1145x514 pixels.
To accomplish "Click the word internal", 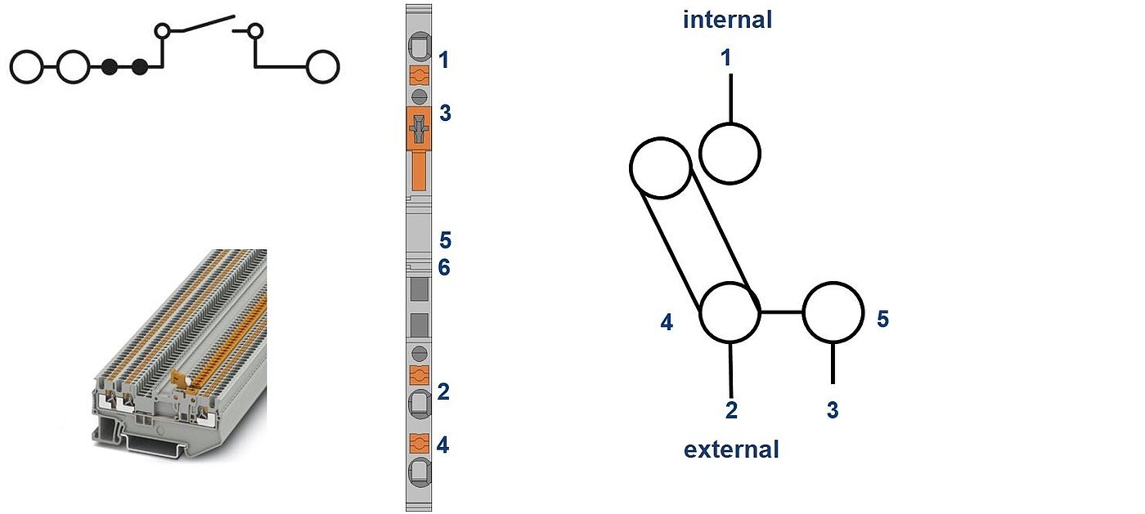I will pyautogui.click(x=727, y=20).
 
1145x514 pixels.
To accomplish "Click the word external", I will pyautogui.click(x=731, y=449).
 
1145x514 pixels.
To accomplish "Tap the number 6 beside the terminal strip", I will pyautogui.click(x=444, y=267).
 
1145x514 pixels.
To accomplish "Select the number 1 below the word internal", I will pyautogui.click(x=726, y=57).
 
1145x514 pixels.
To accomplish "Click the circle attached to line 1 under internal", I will pyautogui.click(x=730, y=154).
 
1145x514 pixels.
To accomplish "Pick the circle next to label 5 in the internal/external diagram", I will pyautogui.click(x=833, y=312).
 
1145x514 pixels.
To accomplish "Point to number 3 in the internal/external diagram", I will pyautogui.click(x=832, y=409).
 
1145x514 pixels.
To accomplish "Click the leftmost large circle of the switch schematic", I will pyautogui.click(x=26, y=67).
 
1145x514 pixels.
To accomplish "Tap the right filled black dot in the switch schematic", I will pyautogui.click(x=140, y=67).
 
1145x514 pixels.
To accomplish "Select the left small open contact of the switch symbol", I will pyautogui.click(x=163, y=32).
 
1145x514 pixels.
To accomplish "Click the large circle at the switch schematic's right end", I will pyautogui.click(x=322, y=67).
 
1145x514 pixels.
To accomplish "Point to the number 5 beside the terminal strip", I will pyautogui.click(x=445, y=240).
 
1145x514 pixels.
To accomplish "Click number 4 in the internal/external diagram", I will pyautogui.click(x=667, y=324).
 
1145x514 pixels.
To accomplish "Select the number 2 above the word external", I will pyautogui.click(x=731, y=409).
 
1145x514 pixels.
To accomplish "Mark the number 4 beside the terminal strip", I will pyautogui.click(x=442, y=445).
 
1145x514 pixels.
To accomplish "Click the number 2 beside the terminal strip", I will pyautogui.click(x=443, y=392).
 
